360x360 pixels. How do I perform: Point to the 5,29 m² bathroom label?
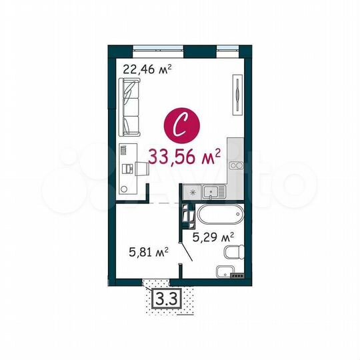pos(213,237)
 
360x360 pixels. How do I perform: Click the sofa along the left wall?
pos(129,105)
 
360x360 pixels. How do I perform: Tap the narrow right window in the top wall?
pos(227,47)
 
